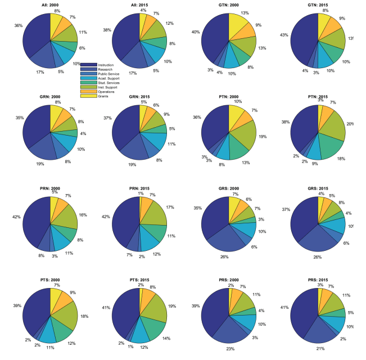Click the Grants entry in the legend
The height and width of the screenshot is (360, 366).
click(x=103, y=96)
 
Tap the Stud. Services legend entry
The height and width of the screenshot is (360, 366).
click(x=109, y=83)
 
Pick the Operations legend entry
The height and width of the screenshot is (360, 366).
click(x=106, y=91)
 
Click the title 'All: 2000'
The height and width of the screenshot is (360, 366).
click(x=50, y=5)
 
